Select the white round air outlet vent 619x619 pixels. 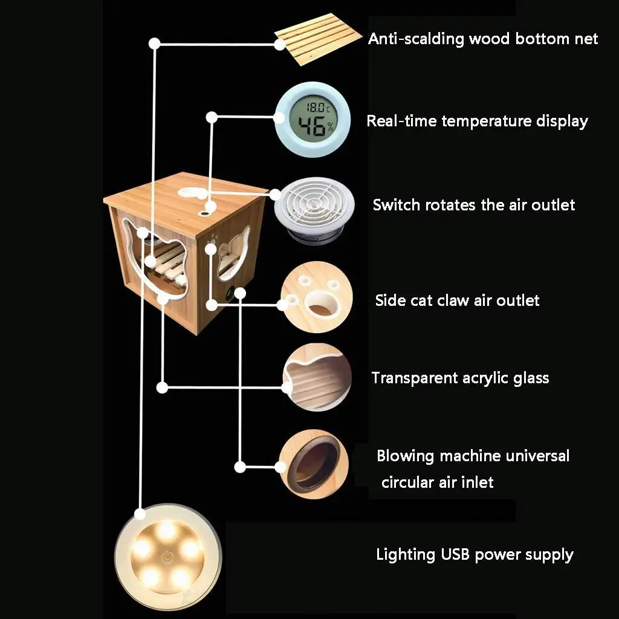pyautogui.click(x=312, y=206)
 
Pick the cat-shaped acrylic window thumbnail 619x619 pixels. pyautogui.click(x=317, y=378)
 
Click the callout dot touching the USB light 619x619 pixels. pyautogui.click(x=141, y=514)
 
